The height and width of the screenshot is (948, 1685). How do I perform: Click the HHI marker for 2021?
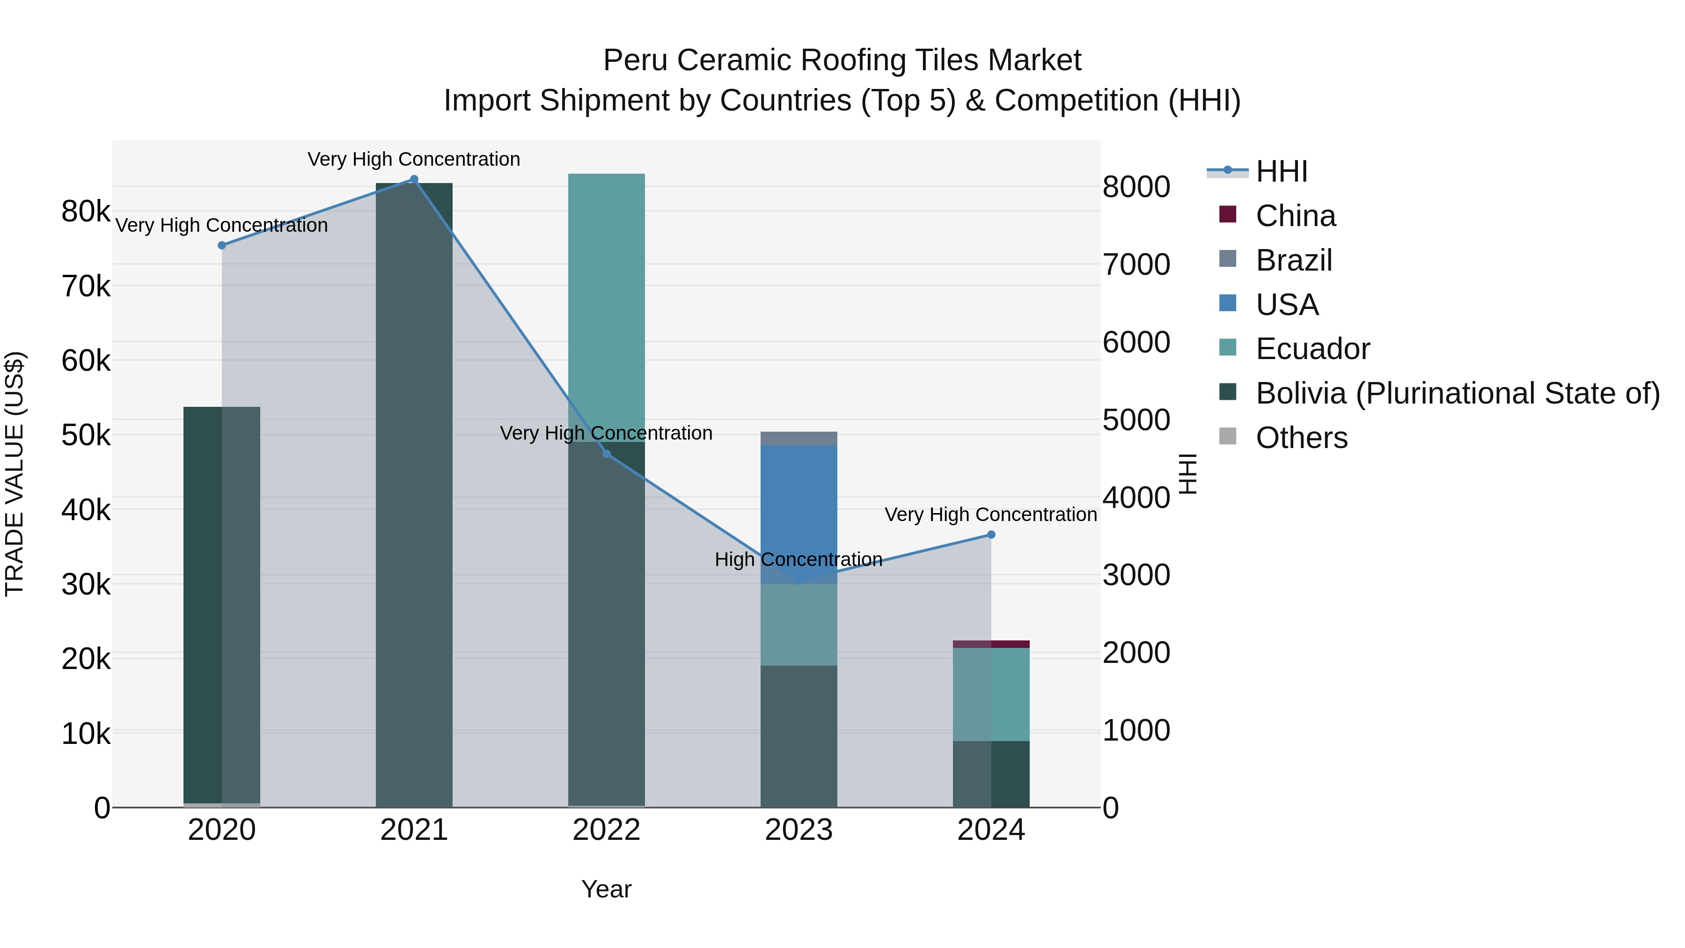coord(414,179)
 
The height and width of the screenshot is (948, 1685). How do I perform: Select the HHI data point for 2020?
coord(222,245)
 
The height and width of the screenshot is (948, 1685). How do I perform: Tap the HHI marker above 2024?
coord(991,535)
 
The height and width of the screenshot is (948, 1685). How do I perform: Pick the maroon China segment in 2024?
coord(991,645)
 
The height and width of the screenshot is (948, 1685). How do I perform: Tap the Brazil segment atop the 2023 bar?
coord(799,438)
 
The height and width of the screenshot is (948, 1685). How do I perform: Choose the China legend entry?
coord(1295,216)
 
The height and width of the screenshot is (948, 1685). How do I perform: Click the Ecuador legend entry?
coord(1312,349)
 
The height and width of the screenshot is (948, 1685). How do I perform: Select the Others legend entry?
coord(1301,438)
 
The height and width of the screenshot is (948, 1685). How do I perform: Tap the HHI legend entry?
coord(1281,171)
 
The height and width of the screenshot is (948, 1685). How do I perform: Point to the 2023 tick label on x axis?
coord(799,830)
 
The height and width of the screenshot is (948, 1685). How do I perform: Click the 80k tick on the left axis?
coord(86,211)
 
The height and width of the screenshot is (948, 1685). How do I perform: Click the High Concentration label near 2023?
coord(799,559)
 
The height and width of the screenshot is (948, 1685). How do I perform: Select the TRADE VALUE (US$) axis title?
coord(15,474)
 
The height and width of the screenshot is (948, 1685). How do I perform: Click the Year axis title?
coord(606,889)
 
